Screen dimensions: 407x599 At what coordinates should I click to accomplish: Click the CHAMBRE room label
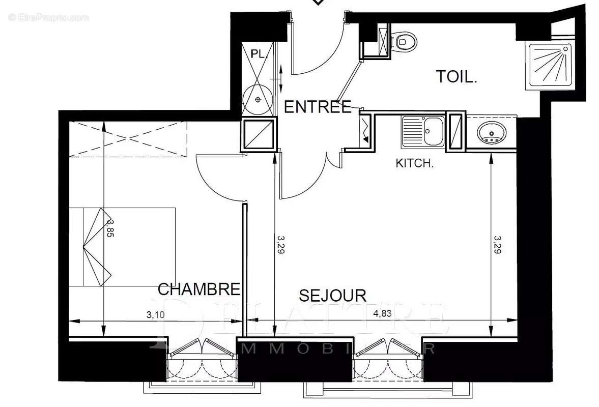click(199, 289)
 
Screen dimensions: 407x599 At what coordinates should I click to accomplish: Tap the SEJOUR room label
click(332, 296)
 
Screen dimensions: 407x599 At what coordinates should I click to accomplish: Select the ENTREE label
click(317, 107)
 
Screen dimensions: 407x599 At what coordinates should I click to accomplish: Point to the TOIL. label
click(457, 77)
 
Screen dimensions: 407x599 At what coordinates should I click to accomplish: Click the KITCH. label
click(414, 164)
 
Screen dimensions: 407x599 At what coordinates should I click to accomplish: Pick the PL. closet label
click(260, 54)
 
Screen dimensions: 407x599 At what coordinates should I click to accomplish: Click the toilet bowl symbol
click(405, 41)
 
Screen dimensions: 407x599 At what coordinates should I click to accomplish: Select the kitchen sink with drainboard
click(422, 132)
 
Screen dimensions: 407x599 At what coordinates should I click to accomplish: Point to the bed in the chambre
click(122, 247)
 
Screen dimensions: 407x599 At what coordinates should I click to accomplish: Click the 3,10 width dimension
click(155, 314)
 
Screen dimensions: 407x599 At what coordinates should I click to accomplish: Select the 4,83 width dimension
click(382, 313)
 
